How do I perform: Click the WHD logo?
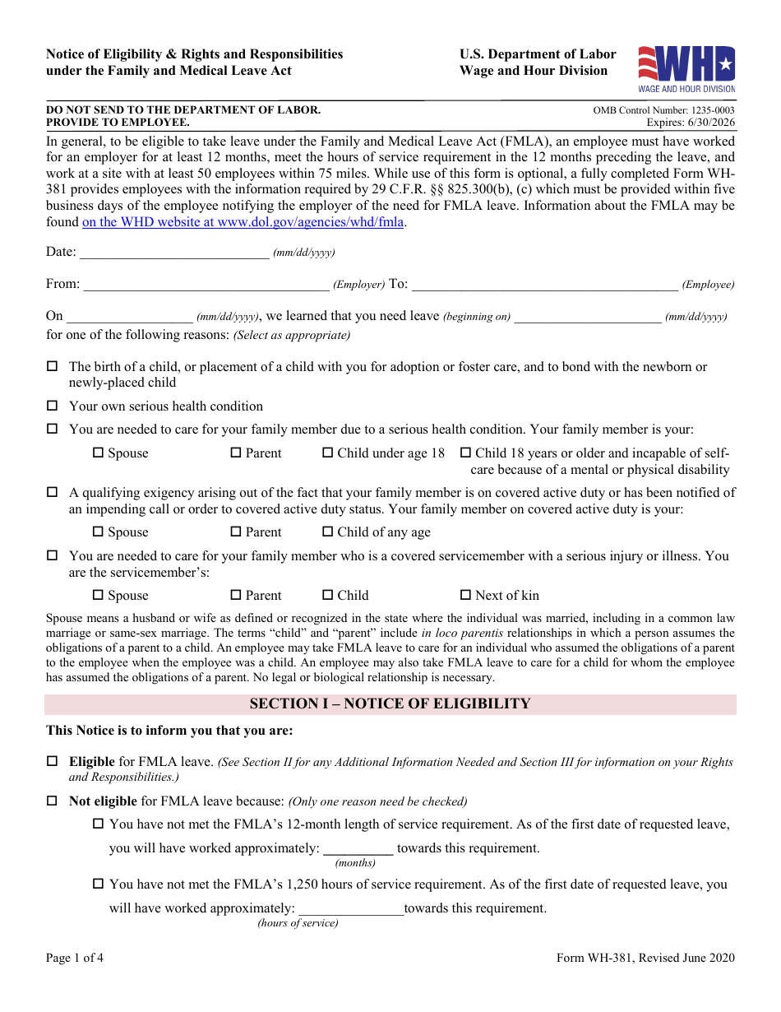(x=686, y=68)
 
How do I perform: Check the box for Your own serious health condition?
(x=52, y=406)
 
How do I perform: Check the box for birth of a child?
(x=52, y=366)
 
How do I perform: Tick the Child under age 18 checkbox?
(x=327, y=453)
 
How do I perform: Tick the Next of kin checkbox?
(x=465, y=595)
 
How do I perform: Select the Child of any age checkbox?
(x=327, y=532)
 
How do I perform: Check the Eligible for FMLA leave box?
(x=52, y=761)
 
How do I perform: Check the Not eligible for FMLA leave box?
(x=52, y=801)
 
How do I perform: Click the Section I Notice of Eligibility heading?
(x=390, y=704)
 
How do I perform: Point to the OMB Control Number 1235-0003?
(x=663, y=110)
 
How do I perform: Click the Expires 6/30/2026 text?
(x=691, y=123)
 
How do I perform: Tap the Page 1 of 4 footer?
(x=75, y=958)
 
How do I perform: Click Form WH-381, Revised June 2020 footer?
(x=645, y=958)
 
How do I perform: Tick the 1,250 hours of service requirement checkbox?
(x=99, y=884)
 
